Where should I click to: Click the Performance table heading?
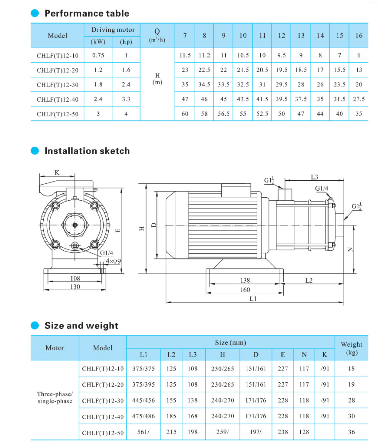click(87, 13)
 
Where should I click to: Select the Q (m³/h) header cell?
click(157, 36)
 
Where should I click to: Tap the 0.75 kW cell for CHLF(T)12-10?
click(98, 55)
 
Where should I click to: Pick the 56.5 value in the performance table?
click(223, 114)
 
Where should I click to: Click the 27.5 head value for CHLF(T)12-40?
click(359, 99)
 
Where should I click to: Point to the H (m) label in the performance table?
click(157, 79)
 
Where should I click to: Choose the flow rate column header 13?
click(301, 36)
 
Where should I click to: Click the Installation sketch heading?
click(87, 151)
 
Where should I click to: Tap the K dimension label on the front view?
click(57, 173)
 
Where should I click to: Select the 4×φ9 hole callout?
click(113, 261)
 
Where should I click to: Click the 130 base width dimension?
click(75, 287)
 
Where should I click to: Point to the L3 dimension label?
click(314, 177)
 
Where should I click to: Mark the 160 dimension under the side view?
click(245, 290)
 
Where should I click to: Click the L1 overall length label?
click(253, 299)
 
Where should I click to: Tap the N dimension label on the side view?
click(350, 249)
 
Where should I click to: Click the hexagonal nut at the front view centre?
click(75, 225)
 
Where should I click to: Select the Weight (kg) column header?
click(351, 348)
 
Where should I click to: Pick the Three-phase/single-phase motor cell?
click(55, 397)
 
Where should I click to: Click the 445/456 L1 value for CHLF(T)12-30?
click(143, 400)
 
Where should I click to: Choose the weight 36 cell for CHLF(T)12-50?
click(351, 432)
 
